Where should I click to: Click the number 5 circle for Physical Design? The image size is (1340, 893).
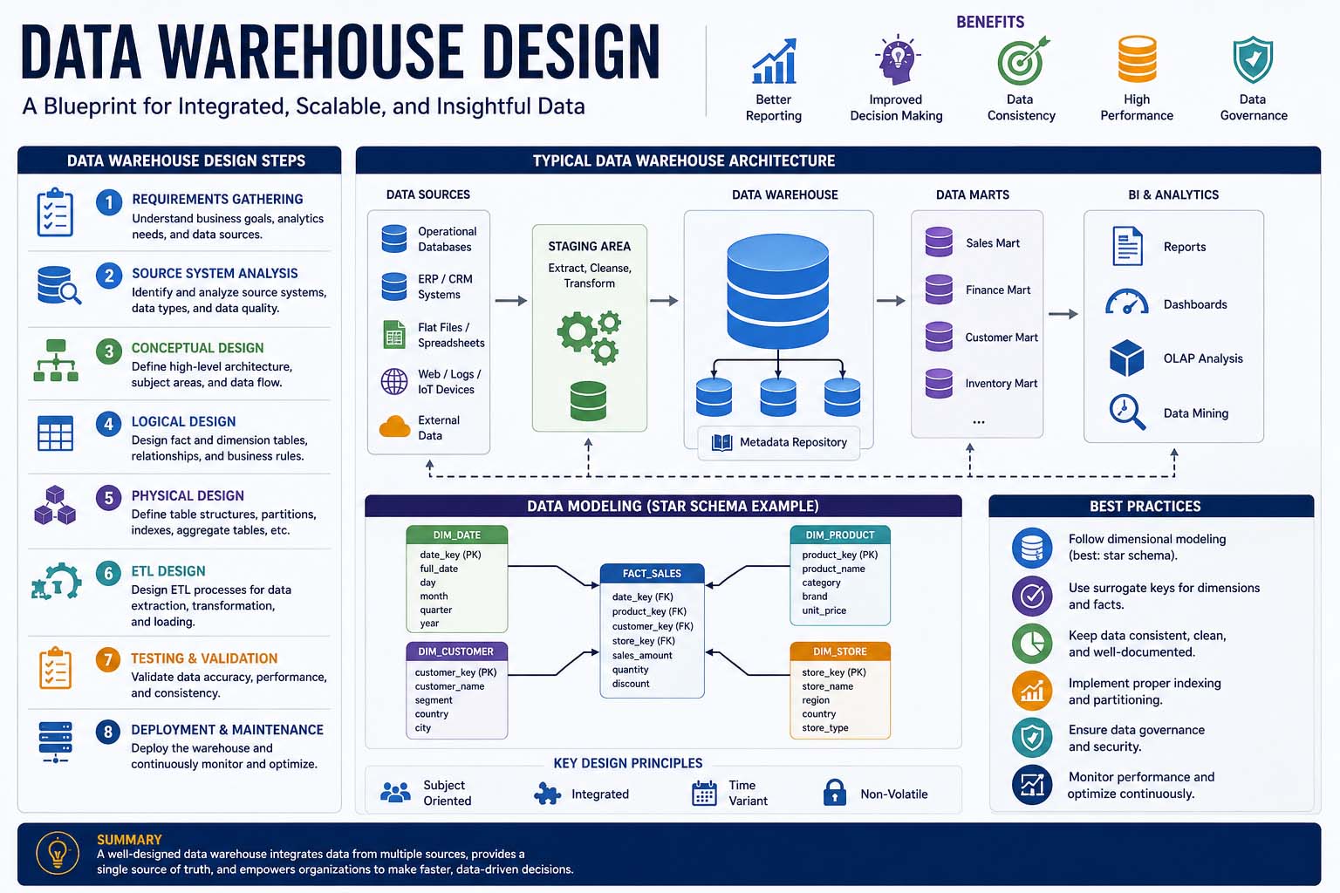click(x=108, y=498)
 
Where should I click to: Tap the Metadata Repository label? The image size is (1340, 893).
click(x=793, y=442)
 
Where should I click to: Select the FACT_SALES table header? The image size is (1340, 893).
click(x=652, y=573)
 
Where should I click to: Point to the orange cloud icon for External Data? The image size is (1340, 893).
click(x=395, y=426)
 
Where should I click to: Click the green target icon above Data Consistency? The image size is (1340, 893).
click(x=1022, y=60)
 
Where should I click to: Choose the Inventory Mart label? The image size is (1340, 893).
click(x=1001, y=384)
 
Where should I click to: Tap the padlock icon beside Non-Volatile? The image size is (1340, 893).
click(x=834, y=792)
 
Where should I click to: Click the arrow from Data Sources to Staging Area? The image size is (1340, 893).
click(x=511, y=301)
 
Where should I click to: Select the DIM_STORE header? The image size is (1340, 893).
click(x=839, y=651)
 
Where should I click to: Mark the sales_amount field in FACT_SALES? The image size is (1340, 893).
click(x=641, y=656)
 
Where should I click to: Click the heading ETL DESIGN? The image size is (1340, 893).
click(x=168, y=571)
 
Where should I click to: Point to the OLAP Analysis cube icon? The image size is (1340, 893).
click(x=1126, y=358)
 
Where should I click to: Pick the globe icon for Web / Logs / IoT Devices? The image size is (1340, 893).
click(x=394, y=381)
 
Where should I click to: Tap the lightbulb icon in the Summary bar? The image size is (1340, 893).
click(x=58, y=853)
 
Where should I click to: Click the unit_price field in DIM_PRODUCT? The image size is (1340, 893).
click(x=824, y=610)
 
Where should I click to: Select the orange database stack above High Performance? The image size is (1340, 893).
click(x=1137, y=58)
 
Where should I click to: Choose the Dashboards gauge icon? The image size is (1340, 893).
click(x=1126, y=302)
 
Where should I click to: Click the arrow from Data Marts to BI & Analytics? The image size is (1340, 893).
click(x=1063, y=314)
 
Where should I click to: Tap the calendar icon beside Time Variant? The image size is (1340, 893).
click(x=704, y=793)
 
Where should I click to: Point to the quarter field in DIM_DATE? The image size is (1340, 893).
click(x=435, y=610)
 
